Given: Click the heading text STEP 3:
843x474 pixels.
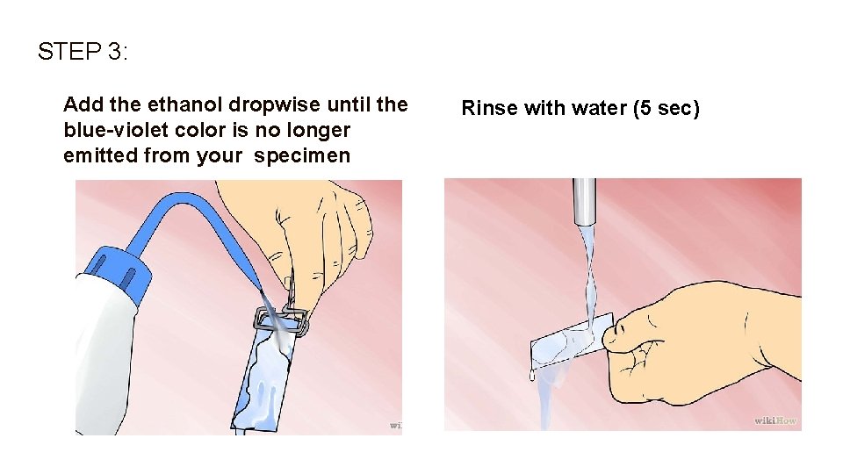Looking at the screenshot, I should pos(83,52).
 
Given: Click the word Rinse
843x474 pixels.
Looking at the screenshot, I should pos(489,109).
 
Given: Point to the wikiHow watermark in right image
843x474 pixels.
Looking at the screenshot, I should pos(775,420).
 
